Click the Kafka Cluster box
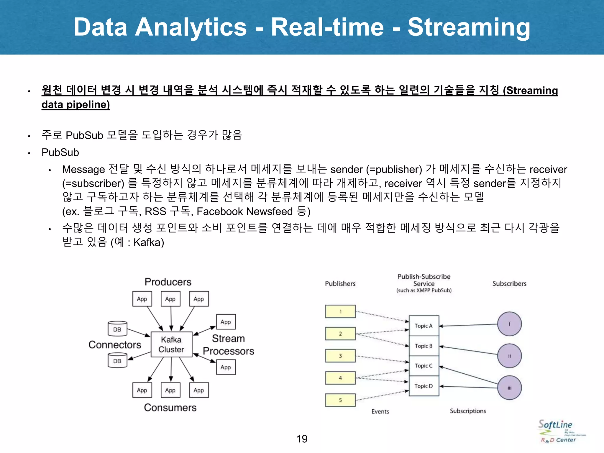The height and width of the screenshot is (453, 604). (171, 344)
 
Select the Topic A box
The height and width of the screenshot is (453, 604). (424, 326)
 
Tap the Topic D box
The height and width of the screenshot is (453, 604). (424, 386)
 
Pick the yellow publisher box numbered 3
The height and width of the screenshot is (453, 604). (340, 356)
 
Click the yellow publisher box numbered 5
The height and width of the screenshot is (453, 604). (340, 400)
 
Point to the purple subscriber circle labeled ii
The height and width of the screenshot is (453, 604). (509, 356)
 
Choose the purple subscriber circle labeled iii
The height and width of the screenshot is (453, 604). (509, 388)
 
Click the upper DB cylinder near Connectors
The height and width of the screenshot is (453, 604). (117, 329)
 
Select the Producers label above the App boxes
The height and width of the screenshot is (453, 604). (168, 282)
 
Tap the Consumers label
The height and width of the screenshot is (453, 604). (170, 408)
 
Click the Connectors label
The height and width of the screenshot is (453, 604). (115, 345)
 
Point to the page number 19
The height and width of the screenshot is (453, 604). (302, 439)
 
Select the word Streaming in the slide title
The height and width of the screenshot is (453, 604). (469, 27)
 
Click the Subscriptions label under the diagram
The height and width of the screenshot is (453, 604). (468, 411)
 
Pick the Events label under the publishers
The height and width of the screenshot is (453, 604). (380, 411)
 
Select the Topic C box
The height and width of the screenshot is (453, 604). (424, 366)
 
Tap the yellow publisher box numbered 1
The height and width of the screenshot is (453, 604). (340, 311)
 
